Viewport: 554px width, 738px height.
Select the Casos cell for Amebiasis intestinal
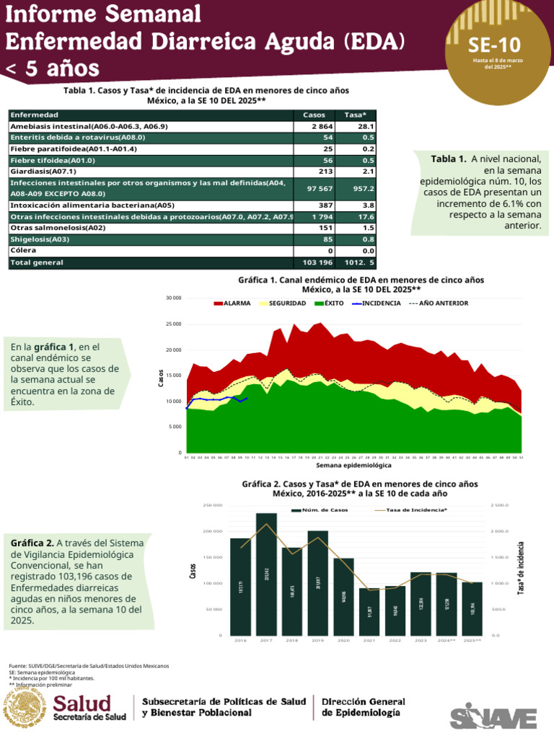click(314, 126)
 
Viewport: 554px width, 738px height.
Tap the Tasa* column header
click(356, 115)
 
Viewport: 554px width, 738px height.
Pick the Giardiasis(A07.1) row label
click(43, 172)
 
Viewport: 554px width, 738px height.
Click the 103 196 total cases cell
click(314, 263)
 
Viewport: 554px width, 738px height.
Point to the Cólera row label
click(24, 251)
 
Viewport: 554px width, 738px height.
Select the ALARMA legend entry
click(232, 303)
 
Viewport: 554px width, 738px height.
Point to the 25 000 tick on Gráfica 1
click(173, 324)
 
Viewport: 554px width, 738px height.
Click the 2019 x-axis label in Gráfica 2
click(318, 640)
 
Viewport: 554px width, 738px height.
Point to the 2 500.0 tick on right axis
click(499, 505)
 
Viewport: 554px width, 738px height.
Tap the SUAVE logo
click(494, 717)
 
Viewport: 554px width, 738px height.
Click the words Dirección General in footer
click(363, 702)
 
